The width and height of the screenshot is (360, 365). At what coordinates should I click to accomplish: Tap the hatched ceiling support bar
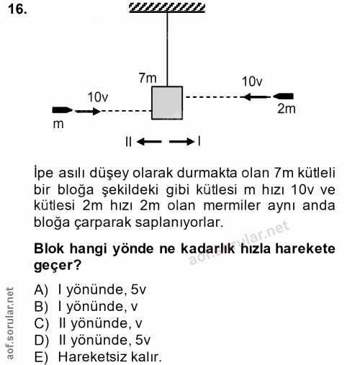(x=166, y=8)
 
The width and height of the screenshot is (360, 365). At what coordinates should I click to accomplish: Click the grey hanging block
(x=167, y=102)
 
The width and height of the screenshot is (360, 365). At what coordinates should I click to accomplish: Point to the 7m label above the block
(x=148, y=77)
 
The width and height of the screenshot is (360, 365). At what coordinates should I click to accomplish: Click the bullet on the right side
(x=283, y=95)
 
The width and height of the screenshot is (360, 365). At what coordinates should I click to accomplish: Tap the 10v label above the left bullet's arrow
(x=97, y=96)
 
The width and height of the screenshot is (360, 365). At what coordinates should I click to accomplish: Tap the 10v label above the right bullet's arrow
(x=252, y=81)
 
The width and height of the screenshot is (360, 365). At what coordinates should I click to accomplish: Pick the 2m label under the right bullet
(x=286, y=109)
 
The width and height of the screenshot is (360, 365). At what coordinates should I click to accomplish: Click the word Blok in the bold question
(x=50, y=249)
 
